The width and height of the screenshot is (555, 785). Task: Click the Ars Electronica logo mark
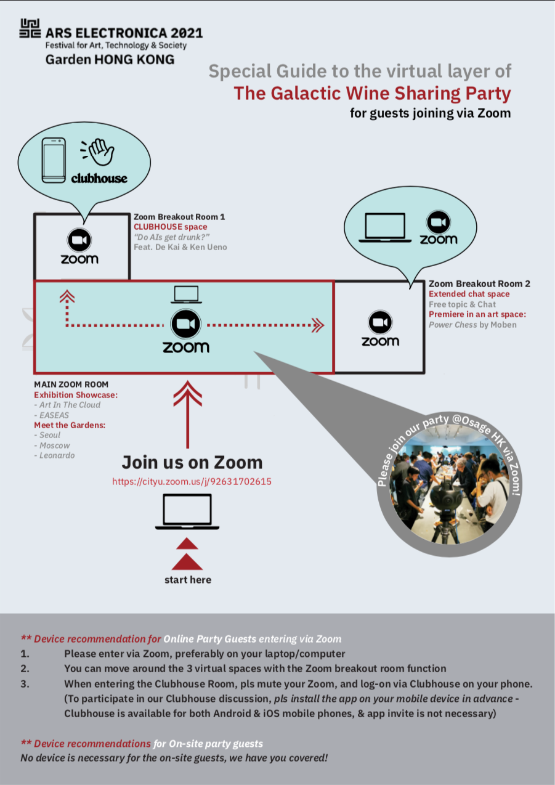30,28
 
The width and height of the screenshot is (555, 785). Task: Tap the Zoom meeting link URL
192,481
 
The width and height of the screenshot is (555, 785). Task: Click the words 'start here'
188,580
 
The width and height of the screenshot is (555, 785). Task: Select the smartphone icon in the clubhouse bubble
54,160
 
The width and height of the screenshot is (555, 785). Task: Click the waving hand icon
98,152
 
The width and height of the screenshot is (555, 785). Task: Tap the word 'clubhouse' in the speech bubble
99,178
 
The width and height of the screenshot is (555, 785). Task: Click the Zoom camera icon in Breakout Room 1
79,240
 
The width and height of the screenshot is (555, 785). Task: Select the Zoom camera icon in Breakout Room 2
380,322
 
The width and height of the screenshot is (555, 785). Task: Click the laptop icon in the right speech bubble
385,227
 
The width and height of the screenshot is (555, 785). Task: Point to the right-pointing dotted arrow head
318,325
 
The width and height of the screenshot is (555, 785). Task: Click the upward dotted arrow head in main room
67,296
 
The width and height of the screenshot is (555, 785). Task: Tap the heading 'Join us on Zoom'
192,462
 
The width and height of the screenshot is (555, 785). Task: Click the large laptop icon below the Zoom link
187,511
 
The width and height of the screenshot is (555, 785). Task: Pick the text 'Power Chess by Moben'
472,325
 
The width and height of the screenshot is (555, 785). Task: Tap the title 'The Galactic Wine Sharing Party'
372,94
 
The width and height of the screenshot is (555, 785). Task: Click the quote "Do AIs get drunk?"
172,237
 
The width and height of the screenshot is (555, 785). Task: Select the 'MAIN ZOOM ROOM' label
71,384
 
